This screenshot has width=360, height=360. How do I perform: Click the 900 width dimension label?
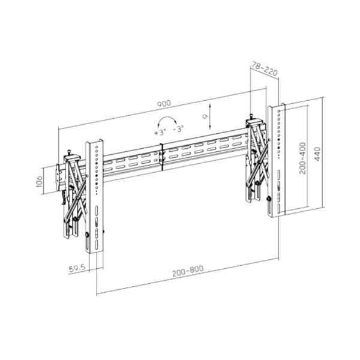pyautogui.click(x=163, y=104)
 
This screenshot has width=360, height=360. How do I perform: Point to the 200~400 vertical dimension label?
pyautogui.click(x=303, y=157)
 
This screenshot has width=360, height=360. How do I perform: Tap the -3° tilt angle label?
pyautogui.click(x=179, y=129)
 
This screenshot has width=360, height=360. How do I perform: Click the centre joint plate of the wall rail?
pyautogui.click(x=162, y=158)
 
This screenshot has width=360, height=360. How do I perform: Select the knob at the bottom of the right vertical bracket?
pyautogui.click(x=269, y=199)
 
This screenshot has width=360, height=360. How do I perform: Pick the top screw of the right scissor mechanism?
pyautogui.click(x=252, y=118)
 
